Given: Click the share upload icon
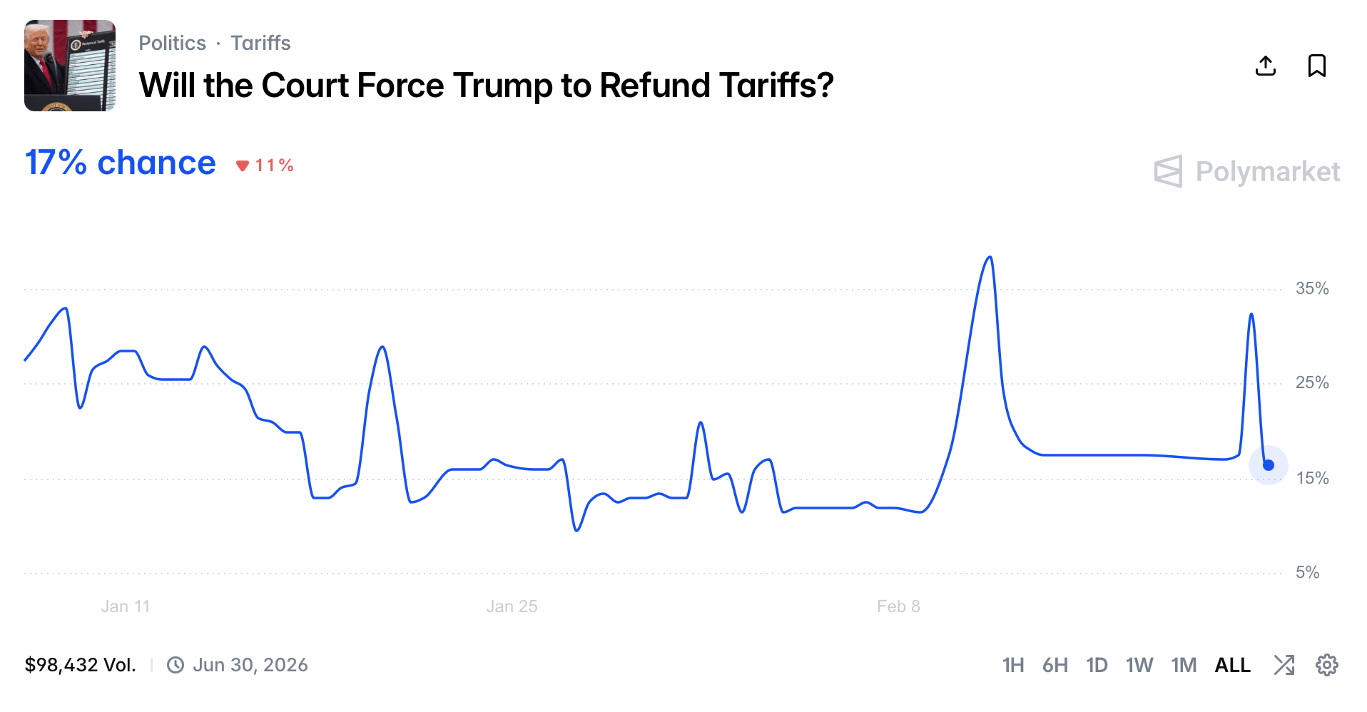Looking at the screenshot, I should [1265, 66].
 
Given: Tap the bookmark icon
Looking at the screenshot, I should [1316, 66].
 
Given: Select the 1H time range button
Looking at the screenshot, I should [1012, 665].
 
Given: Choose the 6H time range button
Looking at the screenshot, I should [1055, 665].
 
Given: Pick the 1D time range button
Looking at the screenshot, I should [1097, 665].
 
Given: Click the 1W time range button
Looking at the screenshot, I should [1139, 665].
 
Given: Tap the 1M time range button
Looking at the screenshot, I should [1184, 665].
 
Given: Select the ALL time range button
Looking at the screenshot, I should [1232, 665].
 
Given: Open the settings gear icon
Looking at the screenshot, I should [1326, 665].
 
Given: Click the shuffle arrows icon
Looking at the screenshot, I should [1284, 665].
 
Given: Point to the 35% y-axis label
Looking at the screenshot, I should [1312, 289].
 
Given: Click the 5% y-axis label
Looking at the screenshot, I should [1307, 572].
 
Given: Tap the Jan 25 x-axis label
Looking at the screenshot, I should [512, 606].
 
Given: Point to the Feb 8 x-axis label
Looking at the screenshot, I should [898, 606].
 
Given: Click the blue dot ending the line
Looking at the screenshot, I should [1269, 465].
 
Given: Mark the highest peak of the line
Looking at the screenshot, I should [990, 258].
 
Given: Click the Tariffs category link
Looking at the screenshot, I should [260, 44].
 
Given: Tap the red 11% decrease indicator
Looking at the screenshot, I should [265, 166].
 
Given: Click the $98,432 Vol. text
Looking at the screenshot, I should [80, 665].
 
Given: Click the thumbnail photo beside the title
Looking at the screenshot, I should [70, 66].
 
